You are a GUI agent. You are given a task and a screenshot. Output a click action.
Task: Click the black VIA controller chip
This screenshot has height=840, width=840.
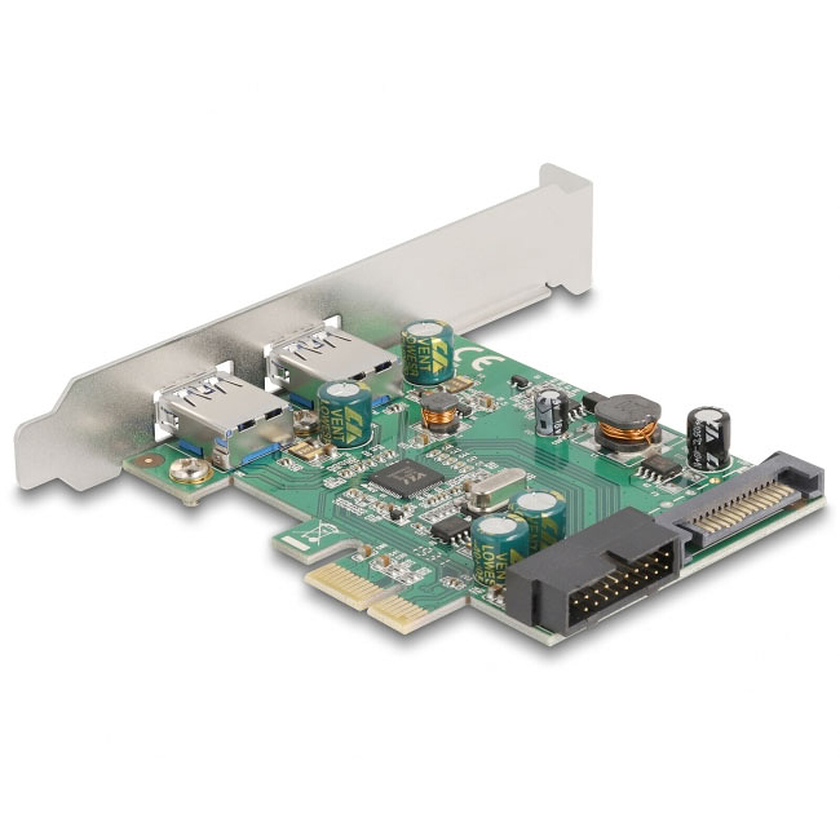coord(406,478)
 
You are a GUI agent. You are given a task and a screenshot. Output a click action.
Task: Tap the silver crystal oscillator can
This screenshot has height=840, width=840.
coord(495,490)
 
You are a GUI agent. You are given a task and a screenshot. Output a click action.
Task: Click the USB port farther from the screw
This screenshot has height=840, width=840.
coord(333,362)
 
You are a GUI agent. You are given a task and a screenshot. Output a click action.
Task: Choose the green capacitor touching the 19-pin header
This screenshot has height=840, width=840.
coord(499,546)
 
